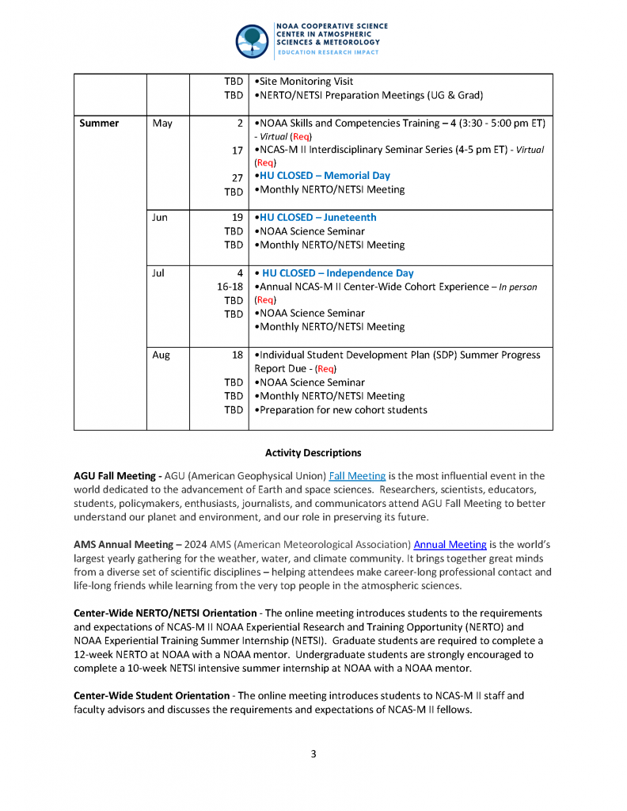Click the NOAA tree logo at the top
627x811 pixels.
252,40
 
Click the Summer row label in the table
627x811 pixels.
99,124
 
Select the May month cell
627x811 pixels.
161,124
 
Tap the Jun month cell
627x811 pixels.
160,218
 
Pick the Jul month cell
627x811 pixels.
158,273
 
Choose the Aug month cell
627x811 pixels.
161,356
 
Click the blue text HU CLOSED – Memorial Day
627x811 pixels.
325,176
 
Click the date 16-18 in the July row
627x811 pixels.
230,287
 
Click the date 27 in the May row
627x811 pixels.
237,178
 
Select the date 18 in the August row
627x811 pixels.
237,356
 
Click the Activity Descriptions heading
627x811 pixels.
313,453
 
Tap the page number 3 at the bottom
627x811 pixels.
313,754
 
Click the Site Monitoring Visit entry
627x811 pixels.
306,82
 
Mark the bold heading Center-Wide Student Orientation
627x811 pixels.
151,696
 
